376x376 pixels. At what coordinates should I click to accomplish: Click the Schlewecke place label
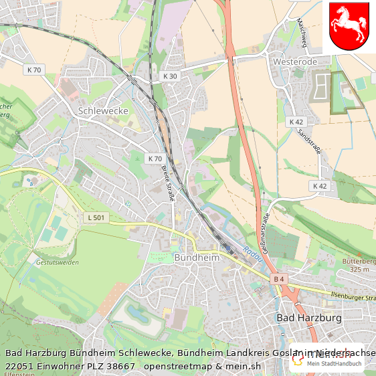point(103,110)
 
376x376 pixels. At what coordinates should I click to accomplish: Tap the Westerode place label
point(295,62)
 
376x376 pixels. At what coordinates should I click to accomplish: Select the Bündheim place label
point(196,257)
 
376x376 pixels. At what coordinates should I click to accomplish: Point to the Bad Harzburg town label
point(309,317)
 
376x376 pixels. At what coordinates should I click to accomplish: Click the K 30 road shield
point(171,76)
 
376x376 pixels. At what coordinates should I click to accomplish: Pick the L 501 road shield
point(96,217)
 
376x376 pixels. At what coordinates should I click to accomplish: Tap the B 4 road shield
point(279,278)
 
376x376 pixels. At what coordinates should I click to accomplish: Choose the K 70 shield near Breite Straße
point(155,159)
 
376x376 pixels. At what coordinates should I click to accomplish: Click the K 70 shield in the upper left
point(34,70)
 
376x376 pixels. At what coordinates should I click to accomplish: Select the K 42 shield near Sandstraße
point(296,122)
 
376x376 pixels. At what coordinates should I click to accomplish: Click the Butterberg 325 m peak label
point(360,265)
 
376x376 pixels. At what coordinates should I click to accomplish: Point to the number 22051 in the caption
point(19,367)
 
